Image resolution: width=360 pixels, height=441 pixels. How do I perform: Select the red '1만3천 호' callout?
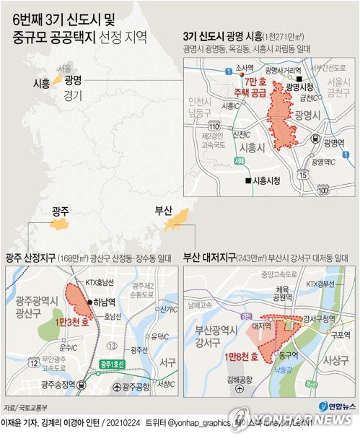[x=74, y=324]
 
